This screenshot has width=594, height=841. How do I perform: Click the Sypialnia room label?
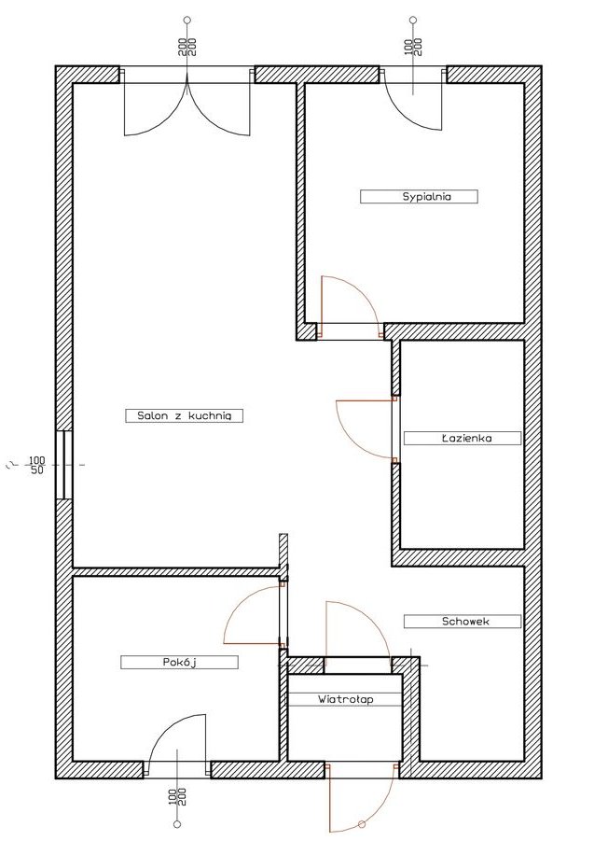pos(419,196)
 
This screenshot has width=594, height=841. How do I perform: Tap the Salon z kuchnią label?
pos(184,415)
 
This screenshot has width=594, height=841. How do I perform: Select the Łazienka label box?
pos(463,438)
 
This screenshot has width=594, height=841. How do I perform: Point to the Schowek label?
pos(463,621)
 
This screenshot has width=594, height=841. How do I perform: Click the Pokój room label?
pos(179,662)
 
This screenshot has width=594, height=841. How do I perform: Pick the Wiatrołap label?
pos(345,699)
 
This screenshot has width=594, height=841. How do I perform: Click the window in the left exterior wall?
pos(63,465)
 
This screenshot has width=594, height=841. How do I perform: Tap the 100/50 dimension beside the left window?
pos(36,465)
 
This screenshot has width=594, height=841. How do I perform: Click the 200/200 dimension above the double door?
pos(187,48)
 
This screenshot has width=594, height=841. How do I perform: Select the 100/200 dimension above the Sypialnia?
pos(413,48)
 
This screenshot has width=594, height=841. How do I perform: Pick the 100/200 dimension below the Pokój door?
pos(177,798)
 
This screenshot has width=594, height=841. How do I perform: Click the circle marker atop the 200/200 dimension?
pos(186,21)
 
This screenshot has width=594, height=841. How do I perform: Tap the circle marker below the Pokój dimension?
pos(177,824)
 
